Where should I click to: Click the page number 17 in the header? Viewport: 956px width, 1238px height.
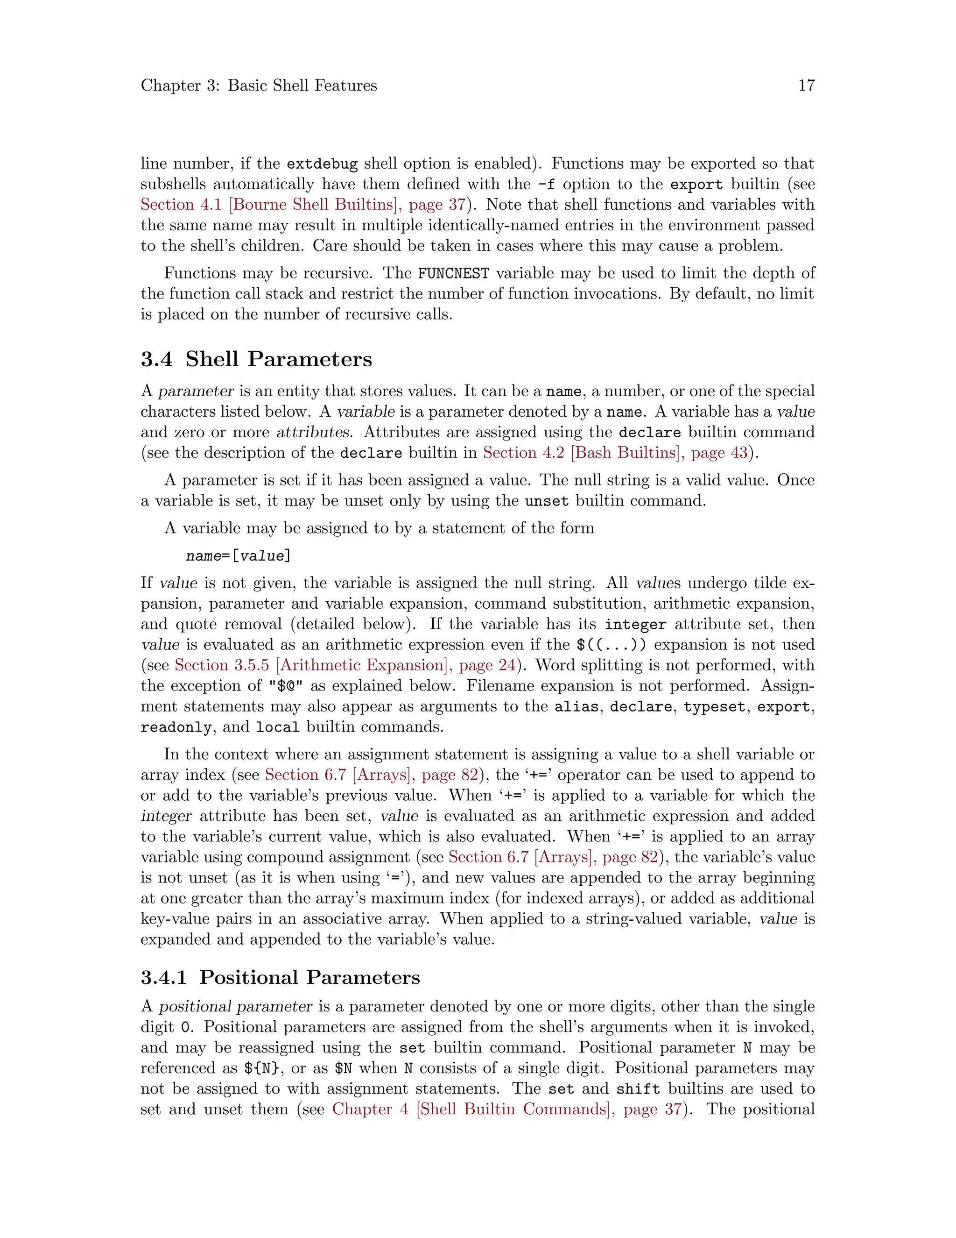coord(806,85)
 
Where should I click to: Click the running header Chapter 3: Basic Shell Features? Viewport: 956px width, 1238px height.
coord(259,85)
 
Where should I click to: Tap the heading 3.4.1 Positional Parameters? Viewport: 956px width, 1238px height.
coord(281,977)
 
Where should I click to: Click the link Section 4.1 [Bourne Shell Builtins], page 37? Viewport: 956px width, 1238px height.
coord(303,205)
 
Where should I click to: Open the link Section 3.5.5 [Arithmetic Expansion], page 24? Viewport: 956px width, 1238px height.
coord(344,665)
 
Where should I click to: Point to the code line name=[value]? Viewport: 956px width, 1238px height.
coord(238,556)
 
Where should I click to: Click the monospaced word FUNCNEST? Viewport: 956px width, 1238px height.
coord(453,274)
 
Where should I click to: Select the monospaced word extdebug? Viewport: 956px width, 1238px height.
coord(322,164)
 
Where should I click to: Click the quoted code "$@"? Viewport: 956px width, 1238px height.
coord(286,686)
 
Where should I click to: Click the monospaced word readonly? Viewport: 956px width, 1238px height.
coord(176,727)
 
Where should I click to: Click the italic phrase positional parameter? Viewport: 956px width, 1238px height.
coord(235,1007)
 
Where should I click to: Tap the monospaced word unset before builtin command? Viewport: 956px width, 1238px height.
coord(547,501)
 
